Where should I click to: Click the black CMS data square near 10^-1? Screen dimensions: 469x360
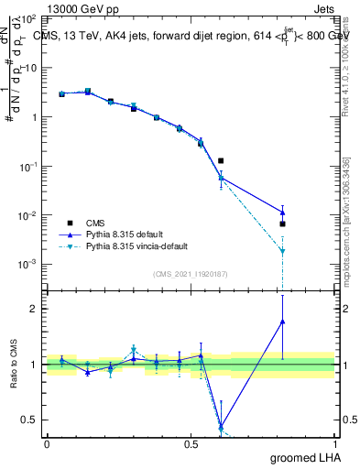(221, 161)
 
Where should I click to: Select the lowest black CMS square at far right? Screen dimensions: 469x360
(282, 224)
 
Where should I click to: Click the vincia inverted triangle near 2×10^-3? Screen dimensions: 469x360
(282, 250)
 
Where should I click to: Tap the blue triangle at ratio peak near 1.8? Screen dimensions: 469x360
(282, 322)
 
